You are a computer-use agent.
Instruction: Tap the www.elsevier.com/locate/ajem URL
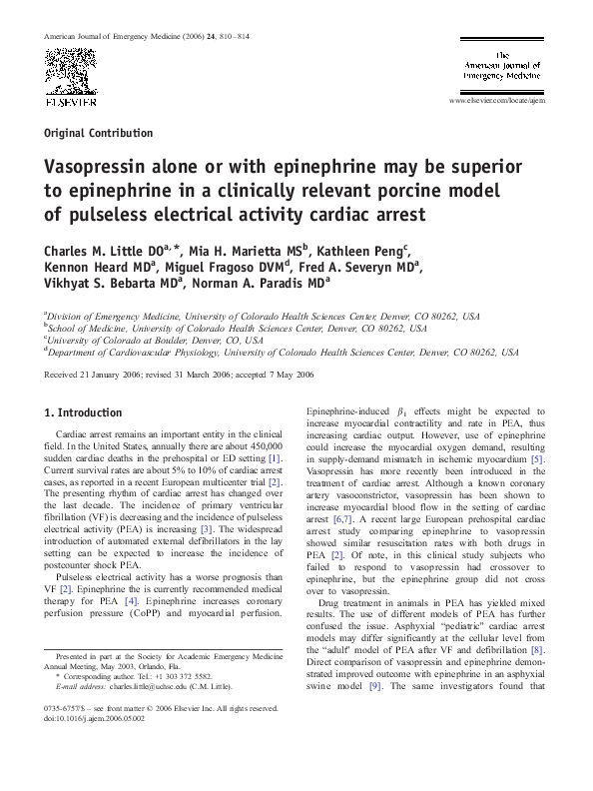click(498, 102)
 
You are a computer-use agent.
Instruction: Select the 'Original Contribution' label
click(99, 133)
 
